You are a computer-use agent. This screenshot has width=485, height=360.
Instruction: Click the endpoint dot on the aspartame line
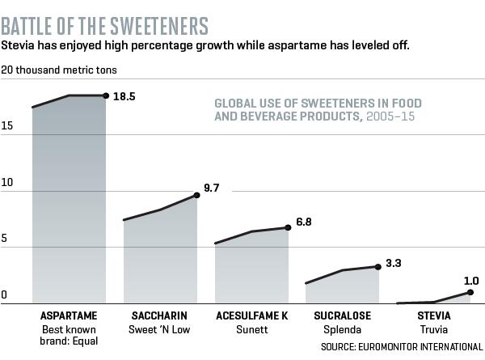click(106, 95)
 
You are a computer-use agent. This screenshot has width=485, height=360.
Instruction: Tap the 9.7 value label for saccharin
click(212, 188)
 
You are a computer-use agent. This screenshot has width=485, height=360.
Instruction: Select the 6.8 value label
click(304, 222)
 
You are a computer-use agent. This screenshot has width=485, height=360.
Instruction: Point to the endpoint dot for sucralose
click(378, 267)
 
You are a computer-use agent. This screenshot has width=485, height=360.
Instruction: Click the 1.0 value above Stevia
click(471, 281)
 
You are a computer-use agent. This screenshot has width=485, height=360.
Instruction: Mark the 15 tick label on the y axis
click(6, 125)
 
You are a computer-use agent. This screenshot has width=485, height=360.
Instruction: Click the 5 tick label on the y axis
click(4, 239)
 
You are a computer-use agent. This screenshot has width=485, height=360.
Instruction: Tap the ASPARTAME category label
click(69, 316)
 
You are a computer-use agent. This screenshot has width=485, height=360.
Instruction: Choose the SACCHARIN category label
click(159, 316)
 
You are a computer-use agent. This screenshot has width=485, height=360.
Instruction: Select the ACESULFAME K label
click(252, 316)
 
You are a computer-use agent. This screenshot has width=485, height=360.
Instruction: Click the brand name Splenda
click(343, 330)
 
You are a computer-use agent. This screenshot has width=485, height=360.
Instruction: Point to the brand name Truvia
click(433, 329)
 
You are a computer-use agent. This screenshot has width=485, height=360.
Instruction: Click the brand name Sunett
click(252, 329)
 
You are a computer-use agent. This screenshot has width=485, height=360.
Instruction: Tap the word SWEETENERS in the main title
click(159, 26)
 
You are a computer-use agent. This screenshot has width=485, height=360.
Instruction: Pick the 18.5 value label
click(124, 96)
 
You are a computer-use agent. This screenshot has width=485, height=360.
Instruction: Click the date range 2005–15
click(390, 116)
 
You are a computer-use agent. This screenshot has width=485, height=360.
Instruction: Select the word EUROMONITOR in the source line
click(388, 347)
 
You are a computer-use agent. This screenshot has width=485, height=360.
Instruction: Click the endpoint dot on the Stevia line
click(470, 292)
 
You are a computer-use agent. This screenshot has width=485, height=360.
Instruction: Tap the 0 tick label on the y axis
click(4, 294)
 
